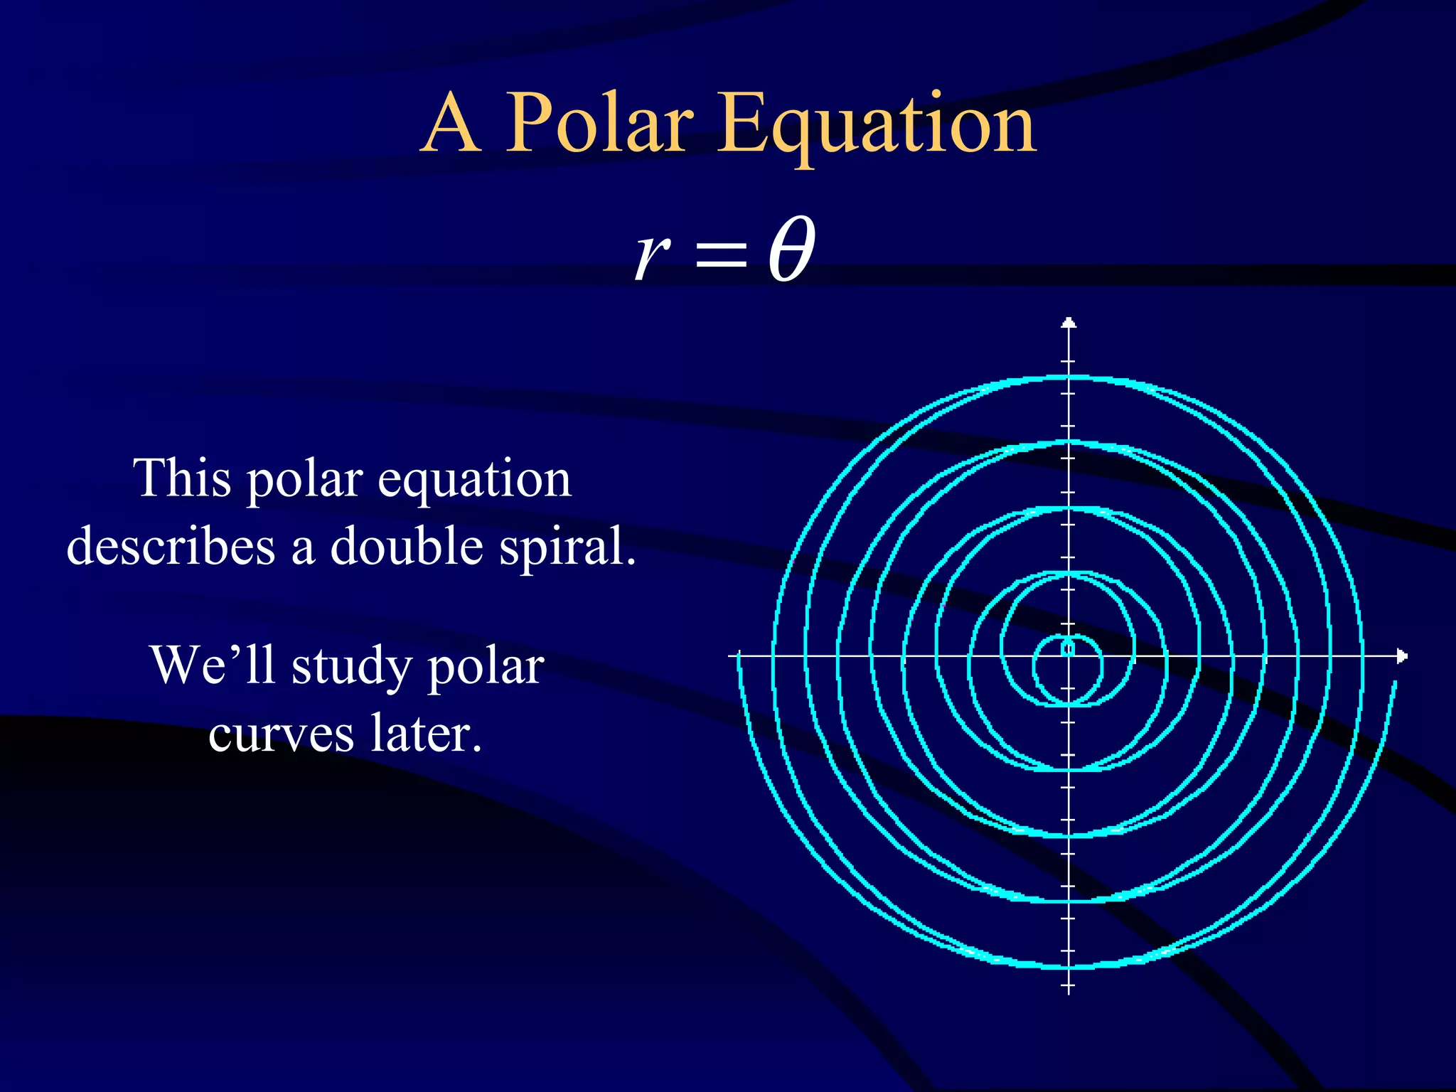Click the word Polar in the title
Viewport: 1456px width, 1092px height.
click(599, 124)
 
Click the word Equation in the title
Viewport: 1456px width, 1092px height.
click(876, 127)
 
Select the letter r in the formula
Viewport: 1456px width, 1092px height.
click(651, 254)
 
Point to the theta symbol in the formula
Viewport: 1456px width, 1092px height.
click(791, 250)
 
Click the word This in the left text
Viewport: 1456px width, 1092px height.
click(183, 478)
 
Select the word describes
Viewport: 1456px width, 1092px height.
click(171, 547)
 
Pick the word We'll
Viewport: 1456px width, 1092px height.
click(213, 665)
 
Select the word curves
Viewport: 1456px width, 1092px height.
click(281, 735)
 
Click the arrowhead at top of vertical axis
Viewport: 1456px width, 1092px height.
click(1069, 323)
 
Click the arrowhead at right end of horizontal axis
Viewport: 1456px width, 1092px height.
click(1401, 655)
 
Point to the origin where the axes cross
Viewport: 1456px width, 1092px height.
click(1069, 655)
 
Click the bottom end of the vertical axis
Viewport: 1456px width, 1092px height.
click(1069, 990)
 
